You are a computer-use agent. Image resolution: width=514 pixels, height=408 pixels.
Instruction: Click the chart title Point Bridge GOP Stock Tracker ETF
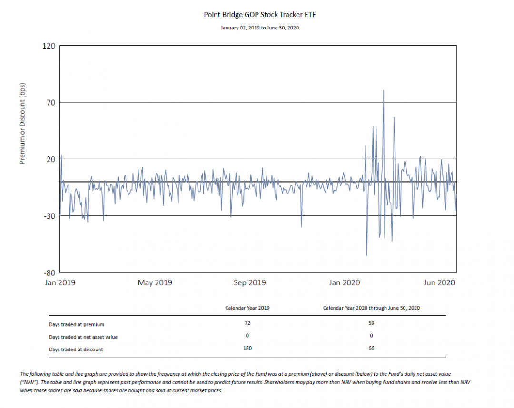click(x=259, y=15)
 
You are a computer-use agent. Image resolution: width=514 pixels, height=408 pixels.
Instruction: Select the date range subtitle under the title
click(x=259, y=28)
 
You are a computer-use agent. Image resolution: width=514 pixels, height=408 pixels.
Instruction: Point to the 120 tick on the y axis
click(x=49, y=46)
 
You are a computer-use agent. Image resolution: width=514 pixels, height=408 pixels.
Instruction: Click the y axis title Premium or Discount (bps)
click(x=22, y=124)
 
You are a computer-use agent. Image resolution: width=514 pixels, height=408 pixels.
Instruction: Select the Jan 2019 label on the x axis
click(x=60, y=282)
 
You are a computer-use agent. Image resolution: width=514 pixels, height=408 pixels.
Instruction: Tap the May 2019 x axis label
click(x=155, y=282)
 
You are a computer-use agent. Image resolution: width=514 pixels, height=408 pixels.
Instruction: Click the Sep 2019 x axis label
click(x=249, y=282)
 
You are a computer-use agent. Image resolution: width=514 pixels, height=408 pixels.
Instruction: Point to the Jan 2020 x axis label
click(x=344, y=282)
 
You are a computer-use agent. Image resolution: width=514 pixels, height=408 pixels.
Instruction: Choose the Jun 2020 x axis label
click(x=439, y=282)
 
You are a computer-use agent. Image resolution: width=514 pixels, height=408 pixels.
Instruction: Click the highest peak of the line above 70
click(x=384, y=90)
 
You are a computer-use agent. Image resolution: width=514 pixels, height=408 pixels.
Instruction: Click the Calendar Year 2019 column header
click(x=247, y=308)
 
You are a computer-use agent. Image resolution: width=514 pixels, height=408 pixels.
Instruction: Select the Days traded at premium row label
click(x=77, y=324)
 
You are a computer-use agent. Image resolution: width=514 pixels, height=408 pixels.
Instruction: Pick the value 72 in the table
click(x=247, y=323)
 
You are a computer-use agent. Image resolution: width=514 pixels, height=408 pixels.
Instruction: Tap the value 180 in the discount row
click(x=247, y=348)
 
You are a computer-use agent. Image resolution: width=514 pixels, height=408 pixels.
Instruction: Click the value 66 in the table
click(x=371, y=348)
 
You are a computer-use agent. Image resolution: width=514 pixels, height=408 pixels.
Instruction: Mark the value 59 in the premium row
click(x=371, y=323)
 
